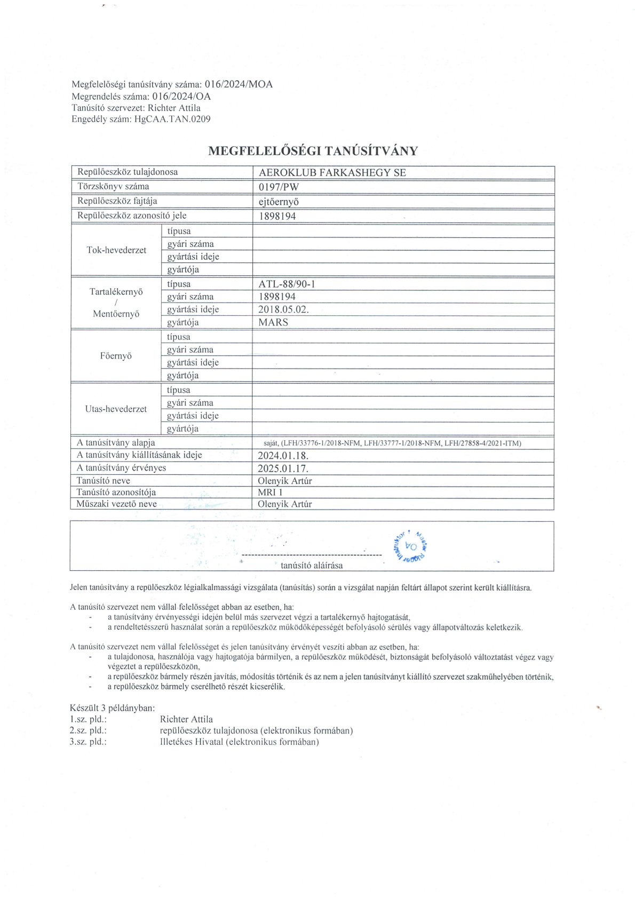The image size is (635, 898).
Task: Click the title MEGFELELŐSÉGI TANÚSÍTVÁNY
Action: pos(313,151)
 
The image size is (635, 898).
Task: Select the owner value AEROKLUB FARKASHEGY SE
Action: pos(332,172)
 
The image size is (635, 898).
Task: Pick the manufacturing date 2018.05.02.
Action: pos(283,309)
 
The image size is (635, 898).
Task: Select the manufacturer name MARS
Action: pos(273,322)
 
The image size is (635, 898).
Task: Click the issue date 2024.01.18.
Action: pos(283,456)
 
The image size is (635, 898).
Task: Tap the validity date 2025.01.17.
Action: pos(283,468)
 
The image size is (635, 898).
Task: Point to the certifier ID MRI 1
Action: pos(270,492)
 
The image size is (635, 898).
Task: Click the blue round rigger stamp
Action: pos(411,546)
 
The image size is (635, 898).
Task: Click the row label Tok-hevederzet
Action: pos(116,250)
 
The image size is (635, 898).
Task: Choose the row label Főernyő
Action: pos(116,356)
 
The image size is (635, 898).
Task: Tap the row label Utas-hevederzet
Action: pos(116,409)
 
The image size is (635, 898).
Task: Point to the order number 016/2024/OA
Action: pos(181,97)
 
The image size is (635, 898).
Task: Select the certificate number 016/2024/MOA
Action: pos(239,84)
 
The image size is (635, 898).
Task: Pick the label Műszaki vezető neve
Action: pos(116,504)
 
